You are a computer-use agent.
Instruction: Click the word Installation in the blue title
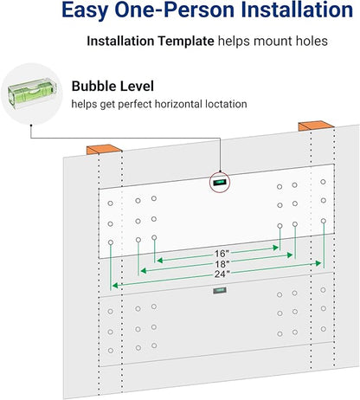[x=297, y=10]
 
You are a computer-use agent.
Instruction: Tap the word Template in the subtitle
[x=185, y=41]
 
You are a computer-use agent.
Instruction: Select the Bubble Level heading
[x=112, y=86]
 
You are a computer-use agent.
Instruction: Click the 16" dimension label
[x=222, y=254]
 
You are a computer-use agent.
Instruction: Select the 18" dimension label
[x=222, y=264]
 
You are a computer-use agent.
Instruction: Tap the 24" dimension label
[x=222, y=274]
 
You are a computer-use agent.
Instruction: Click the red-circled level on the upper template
[x=219, y=183]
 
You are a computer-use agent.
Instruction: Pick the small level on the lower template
[x=220, y=290]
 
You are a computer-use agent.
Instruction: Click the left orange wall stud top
[x=104, y=150]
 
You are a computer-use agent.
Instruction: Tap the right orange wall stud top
[x=316, y=126]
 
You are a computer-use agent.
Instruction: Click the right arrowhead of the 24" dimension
[x=318, y=263]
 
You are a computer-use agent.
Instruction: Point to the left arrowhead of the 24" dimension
[x=115, y=286]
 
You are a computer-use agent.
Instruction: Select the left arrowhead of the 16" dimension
[x=159, y=260]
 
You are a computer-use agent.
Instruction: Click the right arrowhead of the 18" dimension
[x=290, y=255]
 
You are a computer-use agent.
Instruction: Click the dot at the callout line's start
[x=31, y=125]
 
